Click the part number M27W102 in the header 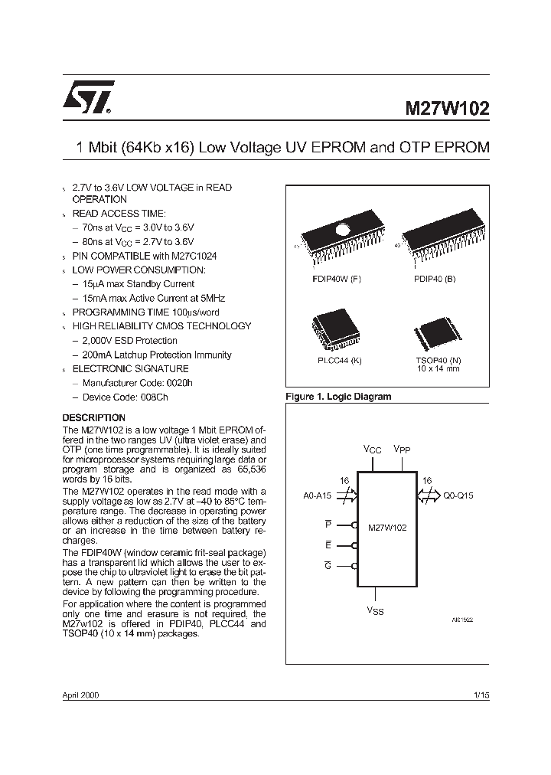point(447,108)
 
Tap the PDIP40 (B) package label point(435,279)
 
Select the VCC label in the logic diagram point(372,450)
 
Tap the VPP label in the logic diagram point(402,450)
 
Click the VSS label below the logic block point(376,613)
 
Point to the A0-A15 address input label point(317,495)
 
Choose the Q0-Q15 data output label point(458,495)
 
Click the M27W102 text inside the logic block point(387,527)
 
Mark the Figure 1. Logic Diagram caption point(337,397)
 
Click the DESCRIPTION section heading point(93,417)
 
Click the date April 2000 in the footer point(80,695)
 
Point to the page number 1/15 point(481,695)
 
